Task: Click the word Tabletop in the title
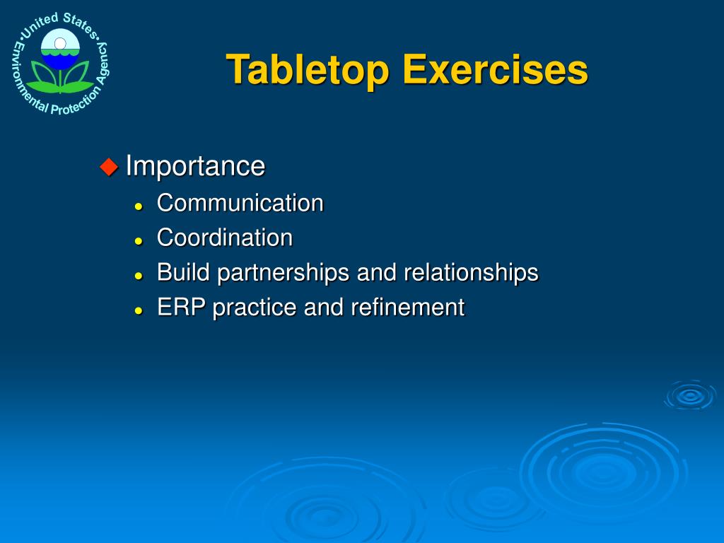tap(308, 70)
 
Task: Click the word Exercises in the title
tap(495, 70)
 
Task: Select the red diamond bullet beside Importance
tap(109, 167)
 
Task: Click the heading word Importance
tap(195, 166)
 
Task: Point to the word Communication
tap(240, 203)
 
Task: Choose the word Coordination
tap(224, 238)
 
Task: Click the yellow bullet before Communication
tap(139, 206)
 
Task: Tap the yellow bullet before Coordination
tap(139, 240)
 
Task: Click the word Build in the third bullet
tap(184, 272)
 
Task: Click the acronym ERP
tap(182, 307)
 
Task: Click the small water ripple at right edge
tap(689, 395)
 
